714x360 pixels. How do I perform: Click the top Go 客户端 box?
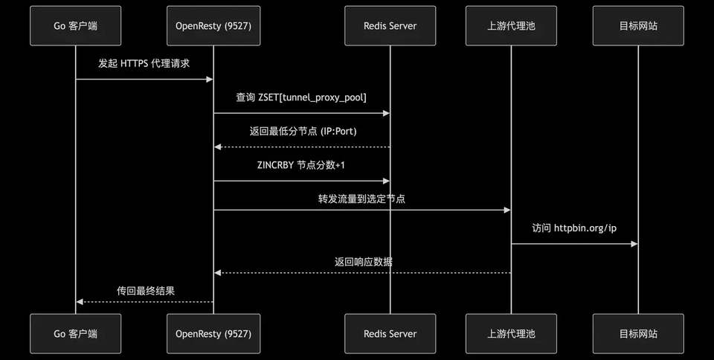[x=76, y=26]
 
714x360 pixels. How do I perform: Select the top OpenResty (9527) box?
[x=213, y=26]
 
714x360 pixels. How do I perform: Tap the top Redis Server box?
[x=390, y=26]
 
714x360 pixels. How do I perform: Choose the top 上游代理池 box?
[x=511, y=26]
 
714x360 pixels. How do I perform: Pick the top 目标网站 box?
[x=638, y=26]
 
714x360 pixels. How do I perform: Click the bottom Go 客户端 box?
[x=76, y=334]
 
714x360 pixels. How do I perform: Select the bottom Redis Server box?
[x=390, y=334]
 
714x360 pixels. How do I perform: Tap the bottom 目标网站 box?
[x=638, y=334]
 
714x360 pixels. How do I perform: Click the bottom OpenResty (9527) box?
[x=213, y=334]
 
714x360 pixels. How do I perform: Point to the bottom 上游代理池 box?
[x=511, y=334]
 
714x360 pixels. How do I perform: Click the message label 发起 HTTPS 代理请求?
[x=144, y=63]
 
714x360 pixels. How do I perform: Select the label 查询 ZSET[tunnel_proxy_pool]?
[x=301, y=97]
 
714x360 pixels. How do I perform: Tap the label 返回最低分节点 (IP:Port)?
[x=303, y=131]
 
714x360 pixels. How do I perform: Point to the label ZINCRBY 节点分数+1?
[x=301, y=165]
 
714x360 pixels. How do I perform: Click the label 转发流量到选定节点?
[x=361, y=199]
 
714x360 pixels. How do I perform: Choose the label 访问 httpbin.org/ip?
[x=574, y=228]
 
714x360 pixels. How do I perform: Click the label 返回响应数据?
[x=364, y=262]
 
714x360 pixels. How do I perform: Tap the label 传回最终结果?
[x=146, y=291]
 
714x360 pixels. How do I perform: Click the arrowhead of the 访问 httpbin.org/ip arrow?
[x=634, y=244]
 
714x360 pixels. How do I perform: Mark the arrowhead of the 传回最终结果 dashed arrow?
[x=80, y=302]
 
